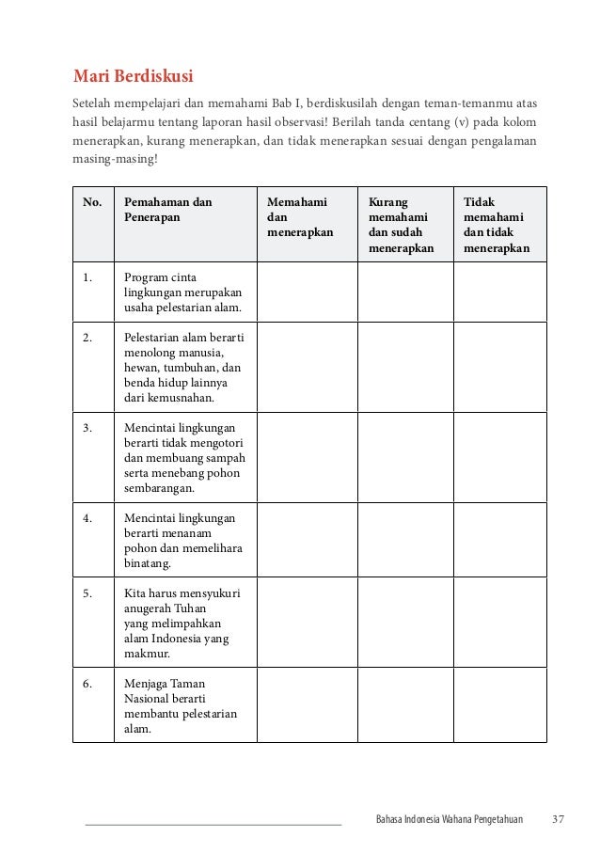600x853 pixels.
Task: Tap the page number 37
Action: click(558, 818)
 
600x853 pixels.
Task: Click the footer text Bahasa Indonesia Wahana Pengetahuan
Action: click(449, 818)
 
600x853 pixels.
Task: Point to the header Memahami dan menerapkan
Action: click(300, 217)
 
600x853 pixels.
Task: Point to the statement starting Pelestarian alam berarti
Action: click(182, 367)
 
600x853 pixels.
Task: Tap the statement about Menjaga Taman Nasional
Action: click(180, 705)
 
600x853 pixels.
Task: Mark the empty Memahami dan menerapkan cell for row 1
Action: click(307, 292)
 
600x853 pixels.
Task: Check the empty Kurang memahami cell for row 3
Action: click(405, 457)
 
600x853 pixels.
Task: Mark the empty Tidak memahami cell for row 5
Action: click(500, 622)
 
